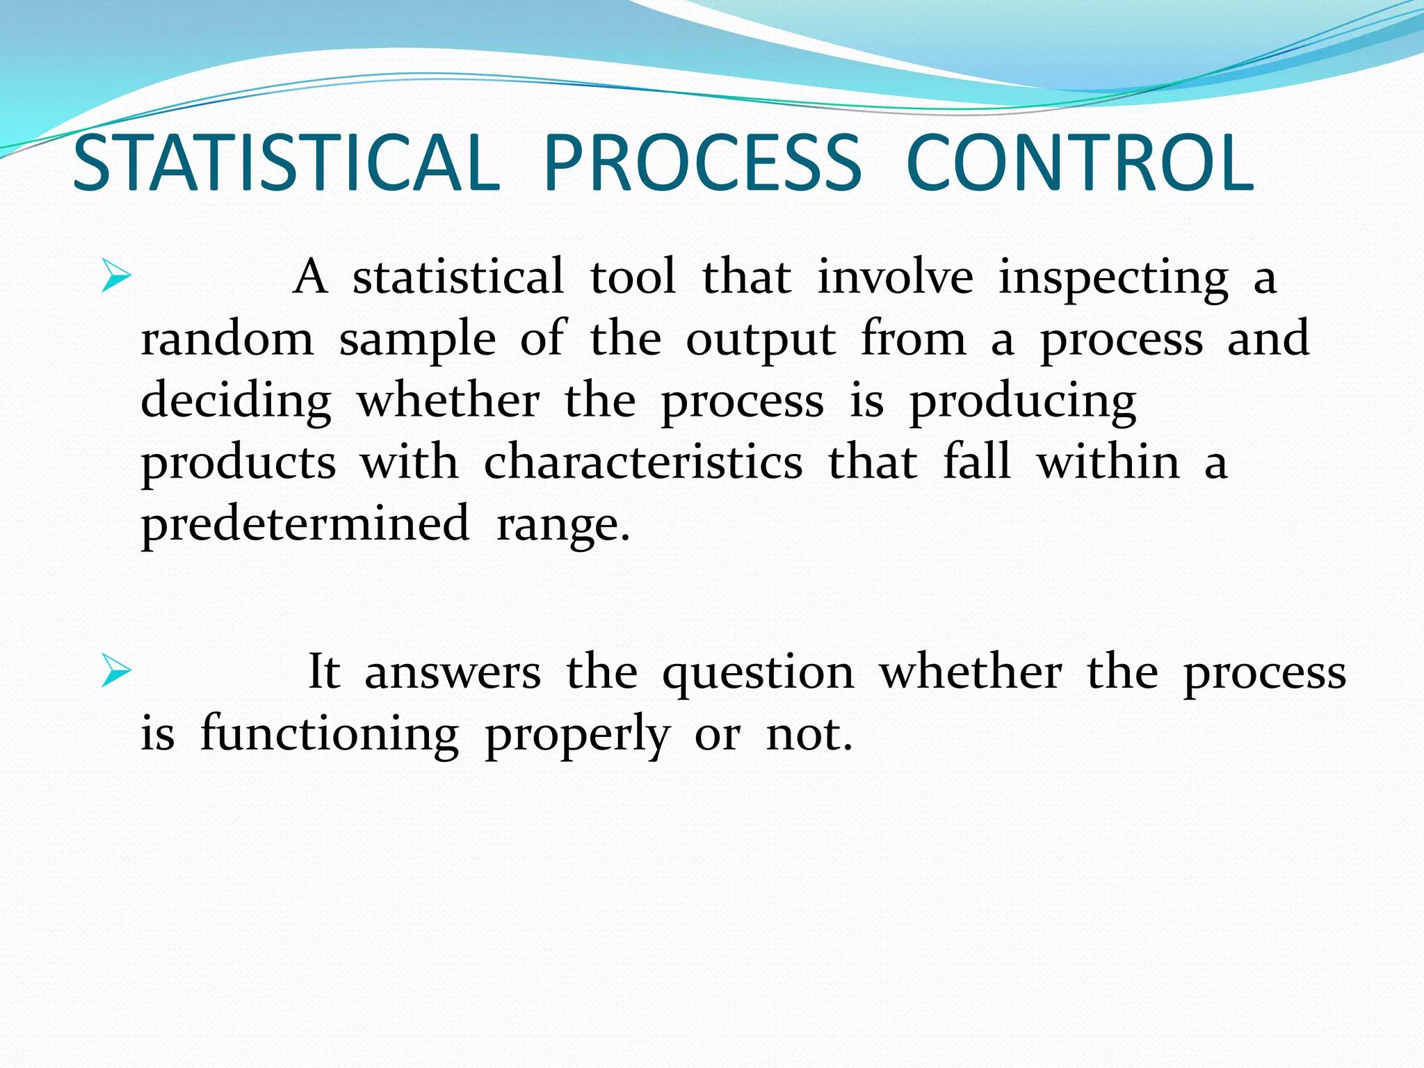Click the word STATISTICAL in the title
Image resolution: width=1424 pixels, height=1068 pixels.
286,164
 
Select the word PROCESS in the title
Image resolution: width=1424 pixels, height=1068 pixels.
702,164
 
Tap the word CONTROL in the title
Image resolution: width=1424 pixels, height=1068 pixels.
1080,164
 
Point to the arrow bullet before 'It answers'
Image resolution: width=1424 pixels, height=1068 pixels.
115,671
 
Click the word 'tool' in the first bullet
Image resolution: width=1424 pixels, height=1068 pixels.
633,277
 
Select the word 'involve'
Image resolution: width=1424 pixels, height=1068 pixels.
895,277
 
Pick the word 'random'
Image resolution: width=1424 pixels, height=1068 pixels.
227,339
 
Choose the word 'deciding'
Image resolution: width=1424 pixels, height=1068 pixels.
236,402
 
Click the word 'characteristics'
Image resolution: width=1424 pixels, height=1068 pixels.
643,462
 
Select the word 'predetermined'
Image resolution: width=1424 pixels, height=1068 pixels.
305,524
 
